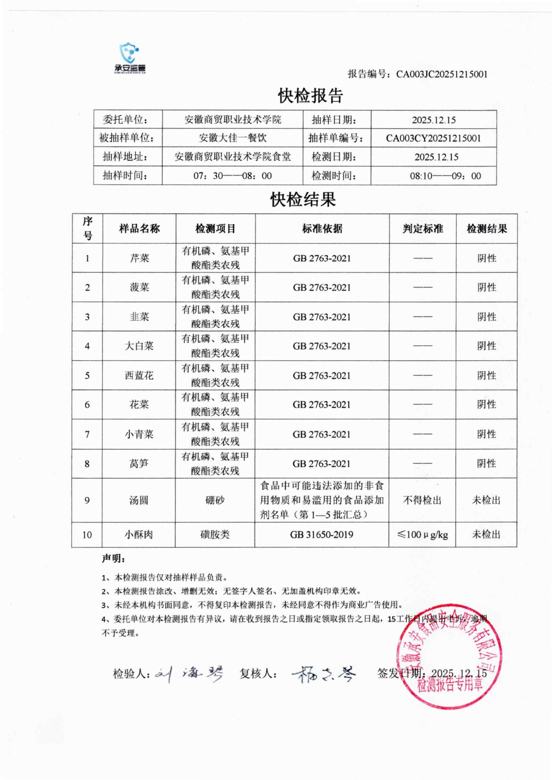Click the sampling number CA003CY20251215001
tap(433, 138)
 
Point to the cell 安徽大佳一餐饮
tap(233, 138)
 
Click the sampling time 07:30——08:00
tap(233, 176)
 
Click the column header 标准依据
tap(322, 229)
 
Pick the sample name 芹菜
tap(139, 258)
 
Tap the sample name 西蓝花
tap(139, 375)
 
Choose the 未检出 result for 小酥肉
tap(486, 534)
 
